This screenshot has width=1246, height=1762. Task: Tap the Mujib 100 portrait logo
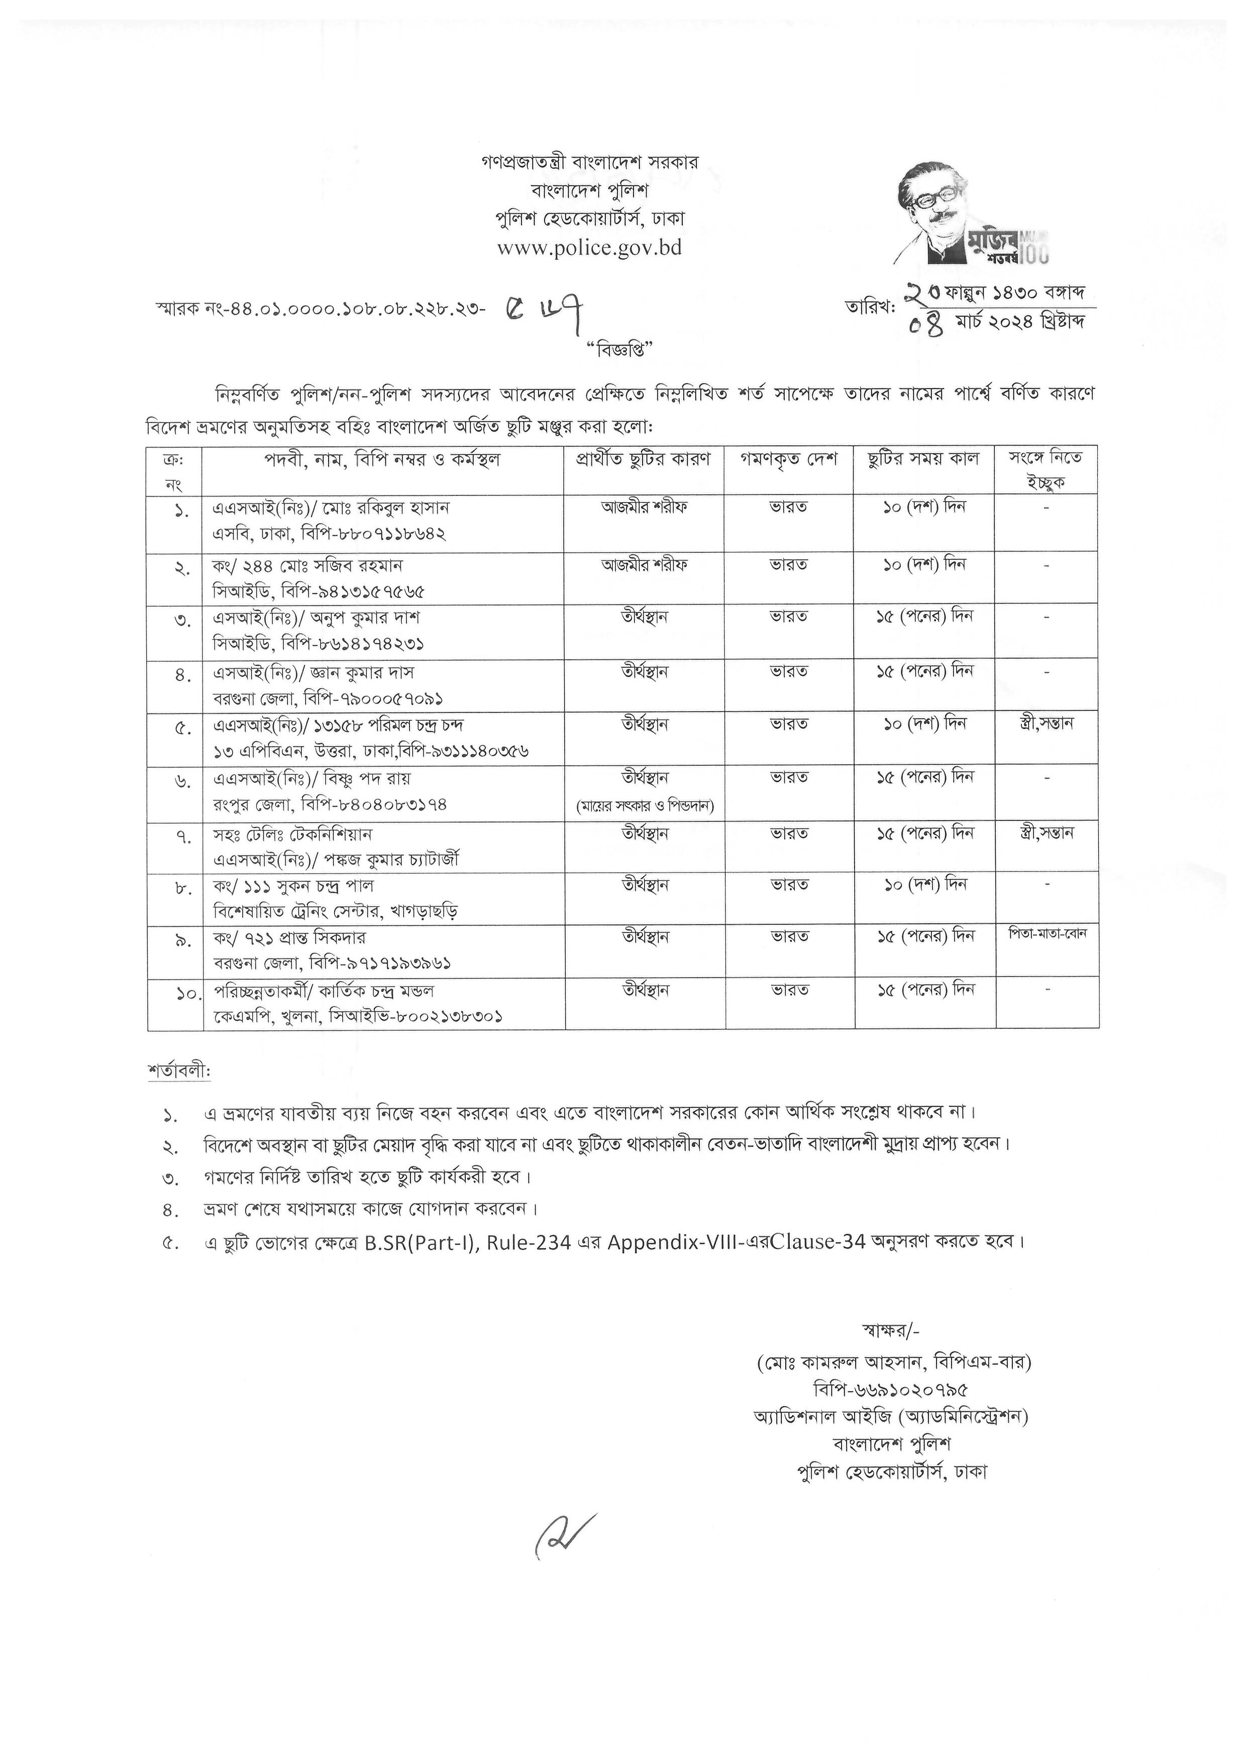(x=971, y=213)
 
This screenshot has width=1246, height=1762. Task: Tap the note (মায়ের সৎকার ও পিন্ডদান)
(x=646, y=806)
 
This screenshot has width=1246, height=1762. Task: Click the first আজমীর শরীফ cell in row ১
(x=645, y=507)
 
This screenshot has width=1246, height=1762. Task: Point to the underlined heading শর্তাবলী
(x=179, y=1070)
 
